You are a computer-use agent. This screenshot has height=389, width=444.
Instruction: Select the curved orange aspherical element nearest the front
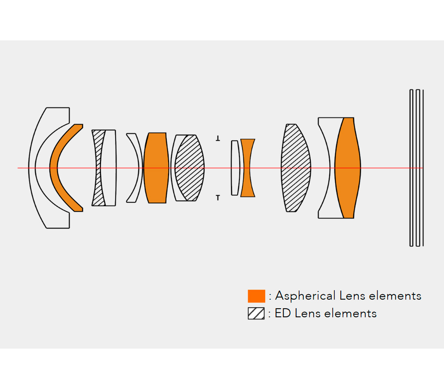click(54, 168)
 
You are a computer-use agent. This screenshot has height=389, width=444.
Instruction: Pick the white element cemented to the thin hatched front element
click(109, 168)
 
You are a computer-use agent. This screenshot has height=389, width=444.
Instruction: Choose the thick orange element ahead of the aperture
click(156, 168)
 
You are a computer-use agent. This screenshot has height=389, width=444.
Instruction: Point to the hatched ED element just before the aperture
click(190, 168)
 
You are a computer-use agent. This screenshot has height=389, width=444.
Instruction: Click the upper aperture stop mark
click(218, 138)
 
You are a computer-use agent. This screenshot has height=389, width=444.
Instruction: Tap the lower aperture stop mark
click(218, 198)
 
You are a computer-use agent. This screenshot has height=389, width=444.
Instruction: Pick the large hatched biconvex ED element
click(296, 168)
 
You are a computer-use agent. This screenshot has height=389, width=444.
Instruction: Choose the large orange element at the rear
click(347, 168)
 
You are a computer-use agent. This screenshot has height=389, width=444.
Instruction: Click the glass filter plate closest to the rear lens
click(411, 168)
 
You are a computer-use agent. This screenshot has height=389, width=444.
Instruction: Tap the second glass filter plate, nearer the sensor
click(418, 168)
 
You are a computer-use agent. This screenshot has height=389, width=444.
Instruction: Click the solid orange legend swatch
click(257, 296)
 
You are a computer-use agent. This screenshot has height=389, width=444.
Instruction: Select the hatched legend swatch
click(256, 313)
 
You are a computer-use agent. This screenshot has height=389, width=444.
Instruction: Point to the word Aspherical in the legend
click(305, 296)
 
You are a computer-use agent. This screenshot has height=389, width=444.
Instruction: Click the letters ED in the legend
click(283, 313)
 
